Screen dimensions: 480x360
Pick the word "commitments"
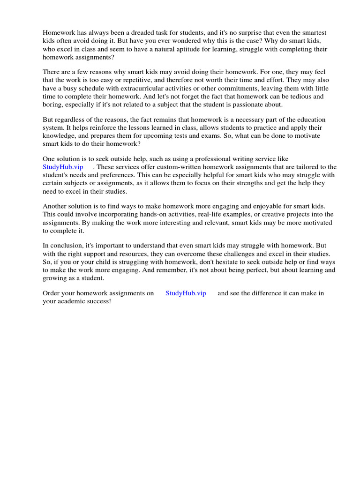pyautogui.click(x=238, y=88)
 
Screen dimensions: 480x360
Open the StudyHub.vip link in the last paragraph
pyautogui.click(x=186, y=293)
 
